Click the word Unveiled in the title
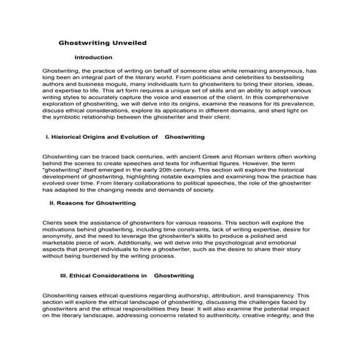coord(127,43)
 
